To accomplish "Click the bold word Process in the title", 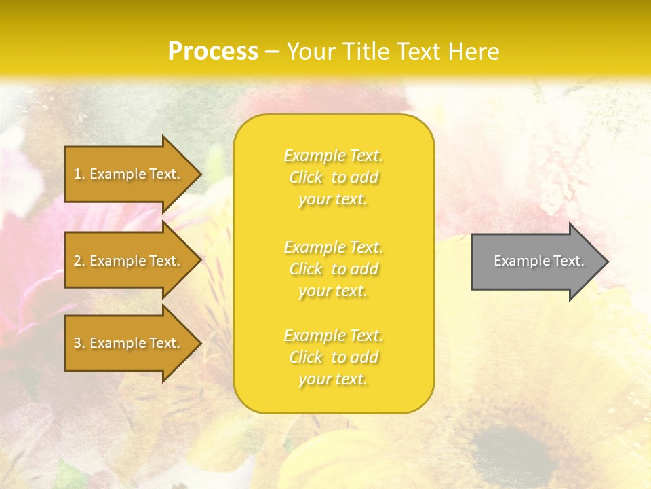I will (213, 52).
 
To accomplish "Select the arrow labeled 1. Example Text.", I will (129, 174).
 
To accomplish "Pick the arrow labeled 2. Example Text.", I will (129, 261).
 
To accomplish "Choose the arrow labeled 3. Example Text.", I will (129, 343).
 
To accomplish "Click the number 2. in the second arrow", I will (79, 261).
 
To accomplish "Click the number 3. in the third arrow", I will (79, 343).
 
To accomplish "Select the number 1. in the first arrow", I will (79, 174).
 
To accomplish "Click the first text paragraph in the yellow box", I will (334, 177).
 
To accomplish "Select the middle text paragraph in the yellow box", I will (334, 269).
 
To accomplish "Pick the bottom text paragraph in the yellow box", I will (334, 357).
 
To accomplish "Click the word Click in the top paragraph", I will (307, 178).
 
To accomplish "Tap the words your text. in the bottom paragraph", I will (333, 380).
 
